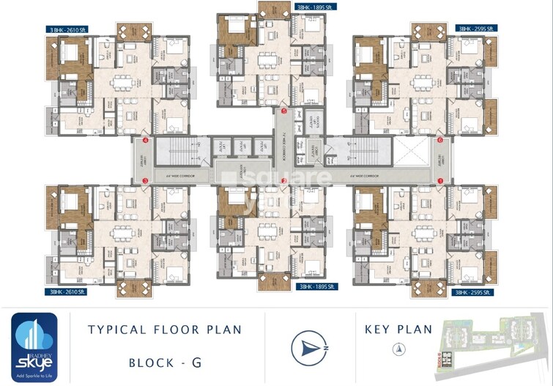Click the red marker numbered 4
(146, 140)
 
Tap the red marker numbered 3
(146, 180)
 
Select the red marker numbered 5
(284, 112)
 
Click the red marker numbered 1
(440, 180)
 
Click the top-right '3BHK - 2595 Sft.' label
(476, 29)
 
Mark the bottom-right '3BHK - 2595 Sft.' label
(476, 292)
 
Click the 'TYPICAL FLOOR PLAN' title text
(165, 330)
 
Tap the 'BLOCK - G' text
(166, 362)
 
